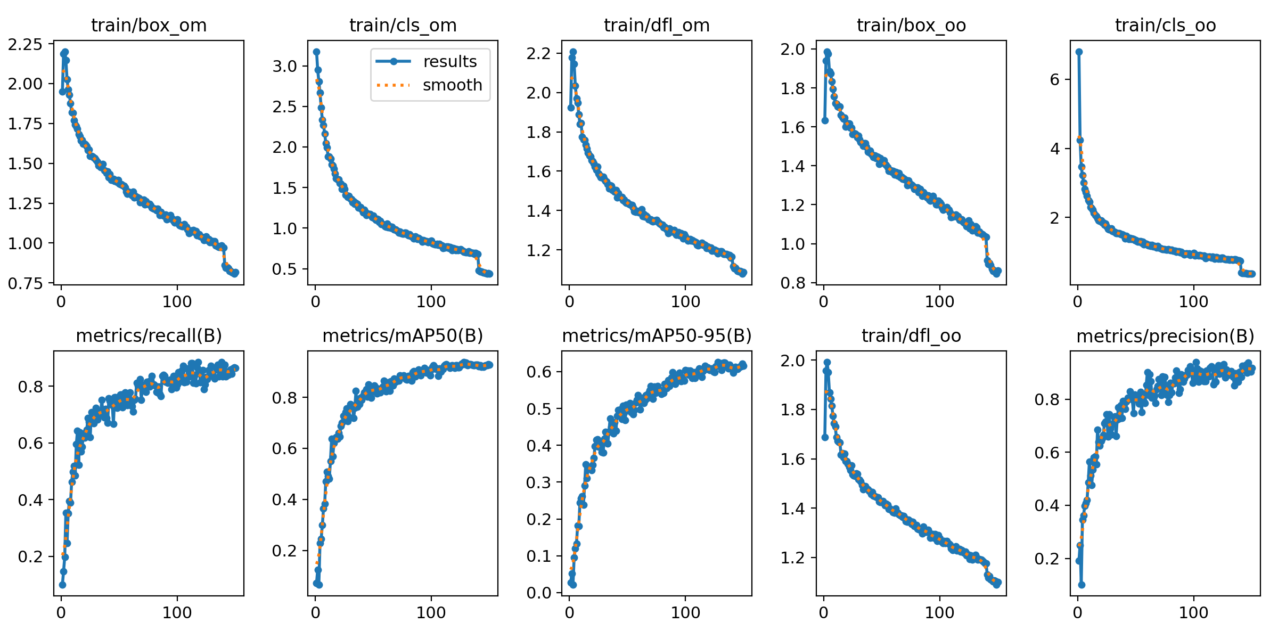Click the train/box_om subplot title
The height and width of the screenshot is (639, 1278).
pos(149,26)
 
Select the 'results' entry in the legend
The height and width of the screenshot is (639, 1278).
pos(450,62)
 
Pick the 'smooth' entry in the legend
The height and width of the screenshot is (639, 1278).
pos(452,85)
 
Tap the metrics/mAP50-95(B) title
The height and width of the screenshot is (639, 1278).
pos(657,336)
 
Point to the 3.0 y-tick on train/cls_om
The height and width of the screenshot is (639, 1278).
pos(284,66)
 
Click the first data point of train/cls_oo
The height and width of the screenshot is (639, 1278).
pos(1079,52)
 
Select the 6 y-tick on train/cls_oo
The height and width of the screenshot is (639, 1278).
pos(1055,79)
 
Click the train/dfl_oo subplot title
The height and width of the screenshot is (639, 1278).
pos(911,336)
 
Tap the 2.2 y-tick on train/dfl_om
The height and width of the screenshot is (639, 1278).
pos(538,53)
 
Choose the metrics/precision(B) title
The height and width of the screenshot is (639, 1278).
pos(1165,336)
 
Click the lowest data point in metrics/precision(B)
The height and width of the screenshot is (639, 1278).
pos(1082,585)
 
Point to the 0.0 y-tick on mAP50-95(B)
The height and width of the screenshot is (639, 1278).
pos(538,593)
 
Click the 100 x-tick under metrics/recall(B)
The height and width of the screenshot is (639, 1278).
pos(177,612)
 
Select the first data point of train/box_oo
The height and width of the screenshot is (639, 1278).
pos(825,120)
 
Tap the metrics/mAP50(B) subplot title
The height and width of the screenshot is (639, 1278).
pos(403,336)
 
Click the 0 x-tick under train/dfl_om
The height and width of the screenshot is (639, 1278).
pos(569,302)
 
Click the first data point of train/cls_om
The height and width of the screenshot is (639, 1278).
pos(316,52)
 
